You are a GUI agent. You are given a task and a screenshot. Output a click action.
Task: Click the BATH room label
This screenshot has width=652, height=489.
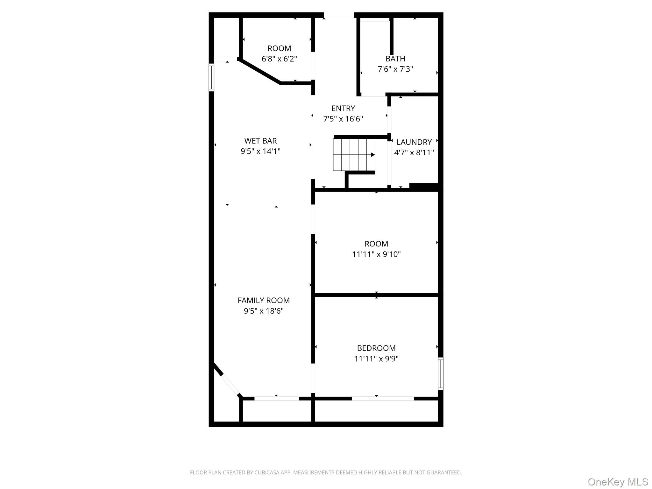(x=395, y=59)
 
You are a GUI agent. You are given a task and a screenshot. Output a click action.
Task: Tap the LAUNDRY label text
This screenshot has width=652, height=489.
(x=414, y=142)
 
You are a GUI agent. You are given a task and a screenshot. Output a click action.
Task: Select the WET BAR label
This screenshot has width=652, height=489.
(x=260, y=141)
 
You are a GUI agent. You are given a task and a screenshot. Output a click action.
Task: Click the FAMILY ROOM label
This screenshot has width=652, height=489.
(x=264, y=300)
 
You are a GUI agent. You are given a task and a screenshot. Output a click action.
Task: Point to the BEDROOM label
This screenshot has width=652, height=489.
(x=376, y=348)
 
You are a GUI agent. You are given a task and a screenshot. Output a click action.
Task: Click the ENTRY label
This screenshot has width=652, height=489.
(x=343, y=108)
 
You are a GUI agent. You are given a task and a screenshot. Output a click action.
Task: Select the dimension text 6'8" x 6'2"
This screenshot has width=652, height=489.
(x=279, y=59)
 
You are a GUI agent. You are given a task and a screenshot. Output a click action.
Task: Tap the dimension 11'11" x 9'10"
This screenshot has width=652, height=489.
(x=376, y=254)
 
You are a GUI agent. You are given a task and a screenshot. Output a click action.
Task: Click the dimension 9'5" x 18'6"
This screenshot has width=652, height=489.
(x=264, y=311)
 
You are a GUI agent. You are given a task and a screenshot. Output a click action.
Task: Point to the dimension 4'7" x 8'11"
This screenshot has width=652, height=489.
(x=414, y=152)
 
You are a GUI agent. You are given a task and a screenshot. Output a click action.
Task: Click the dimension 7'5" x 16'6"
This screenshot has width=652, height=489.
(x=343, y=119)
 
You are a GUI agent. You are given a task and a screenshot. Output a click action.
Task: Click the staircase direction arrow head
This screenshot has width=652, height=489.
(x=373, y=155)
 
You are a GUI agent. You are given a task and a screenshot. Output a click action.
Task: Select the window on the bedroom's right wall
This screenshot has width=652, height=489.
(x=441, y=374)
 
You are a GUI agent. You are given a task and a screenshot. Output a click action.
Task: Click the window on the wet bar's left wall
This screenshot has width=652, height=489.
(x=211, y=77)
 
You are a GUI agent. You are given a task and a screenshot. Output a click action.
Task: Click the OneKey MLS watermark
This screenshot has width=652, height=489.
(x=618, y=482)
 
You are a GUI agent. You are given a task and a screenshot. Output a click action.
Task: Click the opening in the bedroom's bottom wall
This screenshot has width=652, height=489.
(x=383, y=398)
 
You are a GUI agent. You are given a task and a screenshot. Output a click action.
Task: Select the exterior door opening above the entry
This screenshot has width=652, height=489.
(x=339, y=15)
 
